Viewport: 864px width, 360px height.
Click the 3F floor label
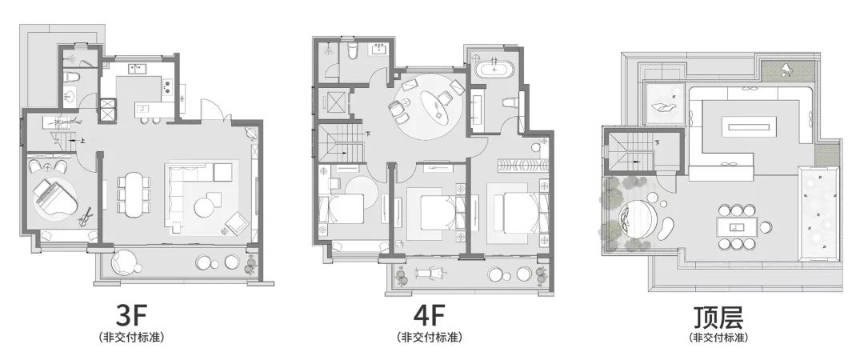[x=132, y=316]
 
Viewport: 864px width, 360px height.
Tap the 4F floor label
[x=429, y=316]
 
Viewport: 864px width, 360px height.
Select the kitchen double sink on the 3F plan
[x=137, y=69]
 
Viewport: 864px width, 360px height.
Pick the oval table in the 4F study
[x=441, y=106]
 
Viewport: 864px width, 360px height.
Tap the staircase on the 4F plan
[x=338, y=142]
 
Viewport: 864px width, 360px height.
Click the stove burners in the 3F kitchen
[x=167, y=86]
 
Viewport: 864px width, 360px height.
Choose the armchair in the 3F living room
[x=237, y=221]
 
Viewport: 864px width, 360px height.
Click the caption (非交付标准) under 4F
[x=430, y=337]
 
